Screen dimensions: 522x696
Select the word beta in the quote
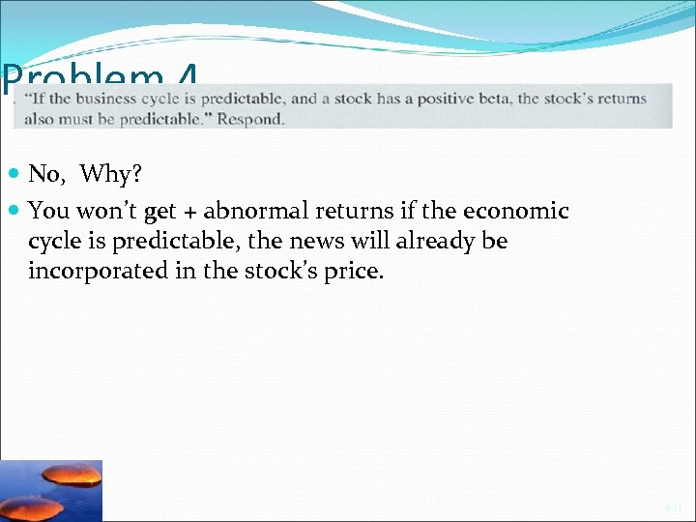(x=500, y=99)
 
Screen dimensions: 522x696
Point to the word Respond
(x=250, y=120)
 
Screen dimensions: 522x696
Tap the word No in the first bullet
(x=44, y=174)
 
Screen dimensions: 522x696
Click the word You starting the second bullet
(x=47, y=211)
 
